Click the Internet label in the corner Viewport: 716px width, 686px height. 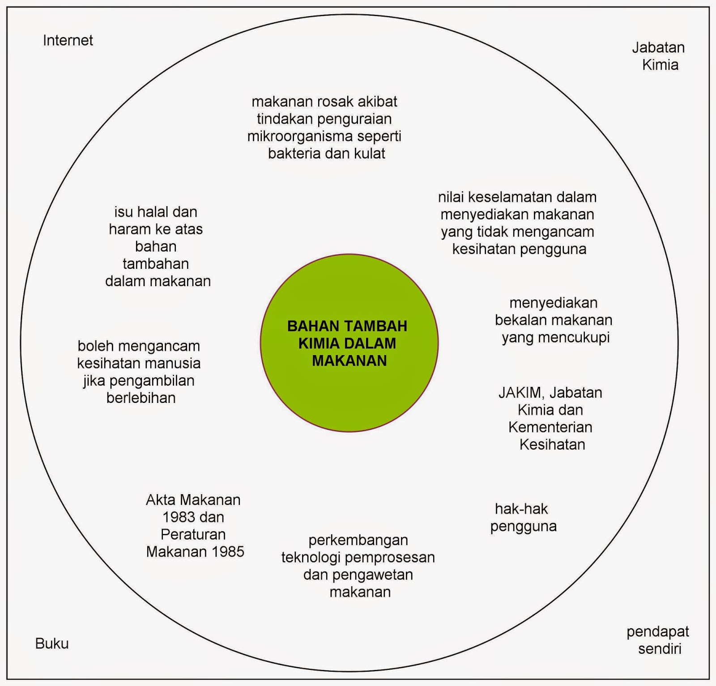point(68,41)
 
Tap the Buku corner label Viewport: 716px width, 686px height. point(52,644)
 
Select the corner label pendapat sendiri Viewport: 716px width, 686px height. point(658,640)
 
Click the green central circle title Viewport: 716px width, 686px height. point(348,343)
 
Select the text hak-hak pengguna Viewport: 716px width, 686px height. point(523,517)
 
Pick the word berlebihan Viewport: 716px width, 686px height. point(141,398)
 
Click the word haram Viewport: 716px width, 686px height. point(130,229)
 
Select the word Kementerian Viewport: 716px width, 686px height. point(550,427)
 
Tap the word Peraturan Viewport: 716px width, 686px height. point(193,534)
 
